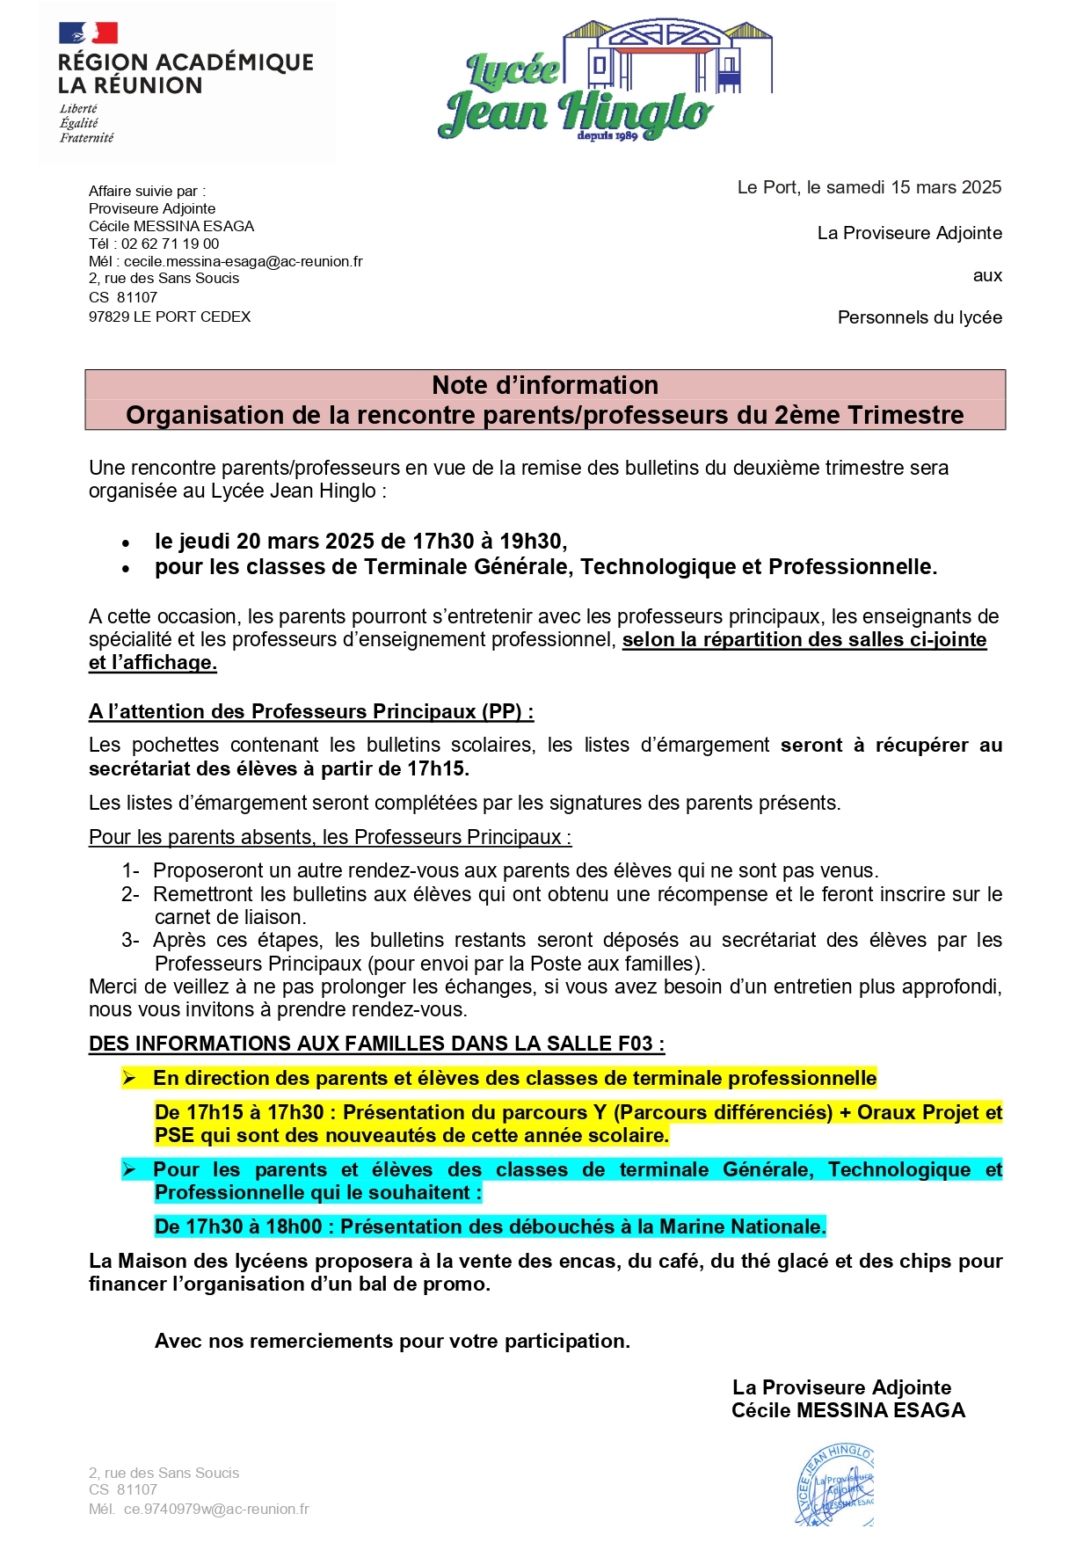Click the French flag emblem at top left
click(x=88, y=33)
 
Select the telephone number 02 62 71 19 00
click(x=170, y=244)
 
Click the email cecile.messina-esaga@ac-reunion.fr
click(x=243, y=261)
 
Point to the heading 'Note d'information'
click(x=545, y=385)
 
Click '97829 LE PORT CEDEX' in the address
click(x=170, y=317)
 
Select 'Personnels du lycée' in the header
click(x=920, y=317)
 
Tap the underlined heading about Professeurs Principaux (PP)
click(x=311, y=711)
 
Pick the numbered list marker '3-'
click(x=130, y=940)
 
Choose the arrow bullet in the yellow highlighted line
click(x=129, y=1078)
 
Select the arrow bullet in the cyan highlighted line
click(x=129, y=1169)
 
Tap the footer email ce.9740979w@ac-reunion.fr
click(x=216, y=1509)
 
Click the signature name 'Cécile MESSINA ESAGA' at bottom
click(x=848, y=1410)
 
